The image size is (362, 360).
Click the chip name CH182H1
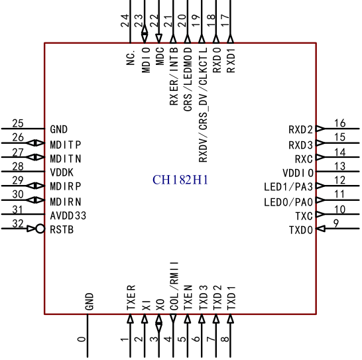(180, 180)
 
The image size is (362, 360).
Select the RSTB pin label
(62, 229)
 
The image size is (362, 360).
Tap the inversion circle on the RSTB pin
(40, 229)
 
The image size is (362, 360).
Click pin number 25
(18, 123)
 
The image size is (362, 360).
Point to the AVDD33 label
(68, 215)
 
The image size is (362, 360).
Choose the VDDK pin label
(62, 172)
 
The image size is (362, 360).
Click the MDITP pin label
(66, 145)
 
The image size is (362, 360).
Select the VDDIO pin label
(298, 173)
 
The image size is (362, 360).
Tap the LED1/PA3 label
(288, 187)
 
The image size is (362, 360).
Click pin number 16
(340, 123)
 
